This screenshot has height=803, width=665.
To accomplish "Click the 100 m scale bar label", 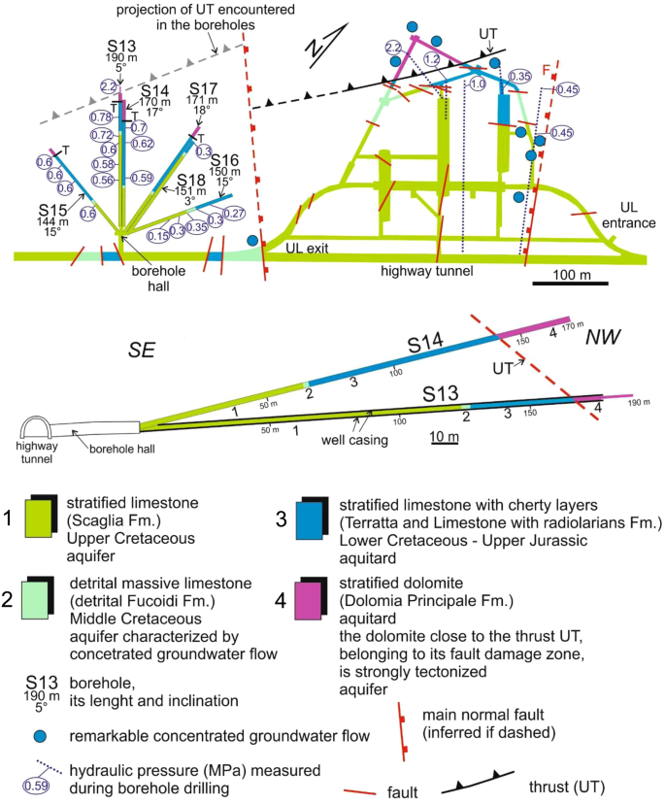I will (x=569, y=275).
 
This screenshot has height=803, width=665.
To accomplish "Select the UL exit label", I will (x=310, y=250).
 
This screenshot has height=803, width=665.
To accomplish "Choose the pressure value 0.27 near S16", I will (x=233, y=213).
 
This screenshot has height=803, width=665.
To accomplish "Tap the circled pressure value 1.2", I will (x=433, y=59).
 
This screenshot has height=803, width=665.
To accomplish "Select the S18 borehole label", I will (x=190, y=181).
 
